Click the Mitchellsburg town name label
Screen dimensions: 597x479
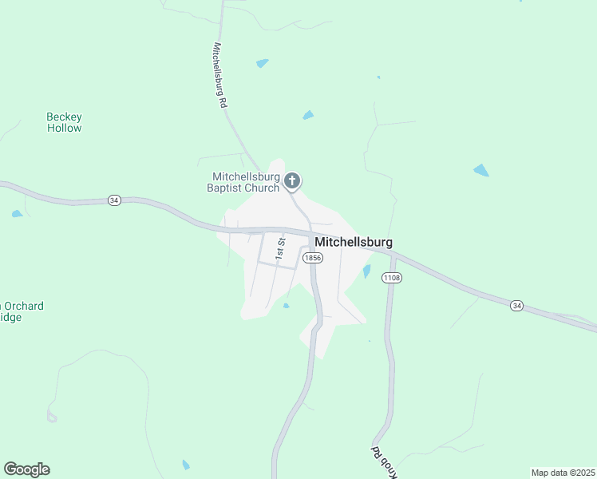(354, 242)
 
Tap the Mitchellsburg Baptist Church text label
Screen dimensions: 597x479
(246, 182)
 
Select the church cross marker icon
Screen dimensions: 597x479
(292, 180)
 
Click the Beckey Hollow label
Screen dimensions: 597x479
(64, 122)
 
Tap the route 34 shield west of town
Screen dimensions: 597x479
(115, 200)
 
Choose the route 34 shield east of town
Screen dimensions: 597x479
(517, 305)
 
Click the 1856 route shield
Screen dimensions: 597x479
(313, 257)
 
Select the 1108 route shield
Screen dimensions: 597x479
(391, 277)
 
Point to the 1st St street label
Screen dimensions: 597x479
(280, 248)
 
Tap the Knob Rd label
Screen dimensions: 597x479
(377, 454)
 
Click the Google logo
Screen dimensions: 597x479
(26, 469)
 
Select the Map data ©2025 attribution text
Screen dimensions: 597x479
(563, 472)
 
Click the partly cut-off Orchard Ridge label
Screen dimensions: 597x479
(22, 311)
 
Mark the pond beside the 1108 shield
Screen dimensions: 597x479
(366, 271)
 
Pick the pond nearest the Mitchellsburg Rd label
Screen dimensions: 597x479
(263, 63)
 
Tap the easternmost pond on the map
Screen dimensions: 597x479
(481, 170)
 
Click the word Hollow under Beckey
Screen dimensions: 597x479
(64, 128)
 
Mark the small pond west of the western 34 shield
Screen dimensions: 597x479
(17, 214)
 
